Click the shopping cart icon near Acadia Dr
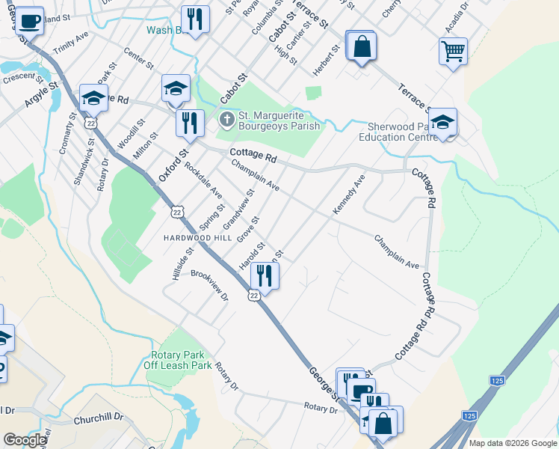pos(453,52)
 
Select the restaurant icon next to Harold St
pos(264,275)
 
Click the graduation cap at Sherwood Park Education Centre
pos(442,123)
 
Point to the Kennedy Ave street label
pos(349,195)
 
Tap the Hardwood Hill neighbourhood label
pos(198,237)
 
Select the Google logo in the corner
pos(25,440)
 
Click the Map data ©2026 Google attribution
pos(512,443)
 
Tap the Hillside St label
pos(176,265)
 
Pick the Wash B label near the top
pos(165,31)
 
